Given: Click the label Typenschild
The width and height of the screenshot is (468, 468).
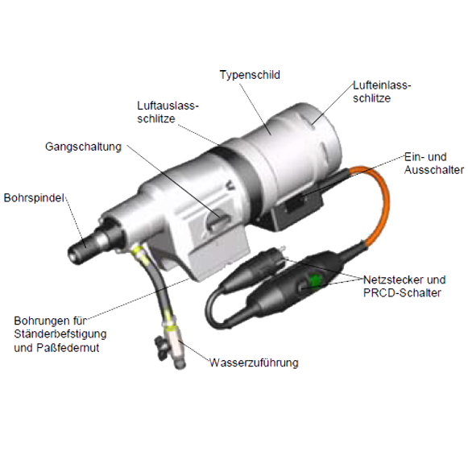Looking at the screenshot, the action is point(250,75).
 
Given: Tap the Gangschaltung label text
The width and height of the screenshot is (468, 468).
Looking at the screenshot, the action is point(83,147).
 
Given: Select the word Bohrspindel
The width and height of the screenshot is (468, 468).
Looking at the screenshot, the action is point(34,197).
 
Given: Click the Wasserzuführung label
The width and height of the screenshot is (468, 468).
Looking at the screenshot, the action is point(254,362).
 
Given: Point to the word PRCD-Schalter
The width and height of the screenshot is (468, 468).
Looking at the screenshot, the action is point(402,292).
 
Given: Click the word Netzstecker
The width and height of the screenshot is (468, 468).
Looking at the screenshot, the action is point(393,280).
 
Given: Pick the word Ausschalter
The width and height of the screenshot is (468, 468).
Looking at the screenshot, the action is point(434,170).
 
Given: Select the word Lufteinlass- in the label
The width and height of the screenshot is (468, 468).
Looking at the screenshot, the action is point(382,85).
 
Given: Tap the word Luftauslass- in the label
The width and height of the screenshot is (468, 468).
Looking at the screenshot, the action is point(168,106).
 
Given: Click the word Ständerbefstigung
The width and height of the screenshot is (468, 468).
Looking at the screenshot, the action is point(60,334).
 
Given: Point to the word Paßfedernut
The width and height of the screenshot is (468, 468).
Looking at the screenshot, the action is point(68,348).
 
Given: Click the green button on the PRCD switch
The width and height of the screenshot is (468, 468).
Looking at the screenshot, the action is point(315,280).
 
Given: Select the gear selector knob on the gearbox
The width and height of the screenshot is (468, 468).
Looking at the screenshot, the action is point(217,221).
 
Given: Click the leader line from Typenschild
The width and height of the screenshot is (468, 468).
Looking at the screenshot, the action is point(256,110).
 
